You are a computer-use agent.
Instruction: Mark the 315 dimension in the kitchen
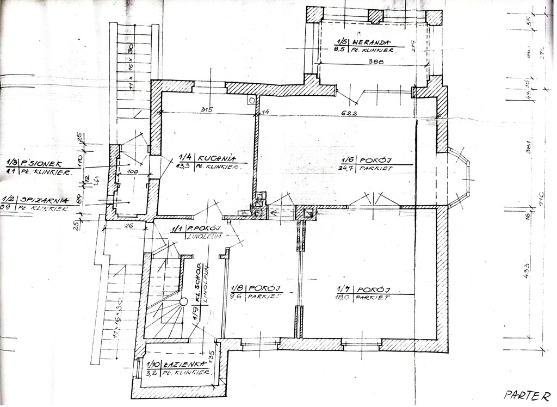tap(206, 110)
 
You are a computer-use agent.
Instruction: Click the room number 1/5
tap(342, 41)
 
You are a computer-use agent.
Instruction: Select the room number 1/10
tap(153, 363)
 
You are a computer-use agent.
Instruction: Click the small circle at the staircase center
tap(184, 301)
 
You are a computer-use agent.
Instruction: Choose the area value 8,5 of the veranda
tap(339, 50)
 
